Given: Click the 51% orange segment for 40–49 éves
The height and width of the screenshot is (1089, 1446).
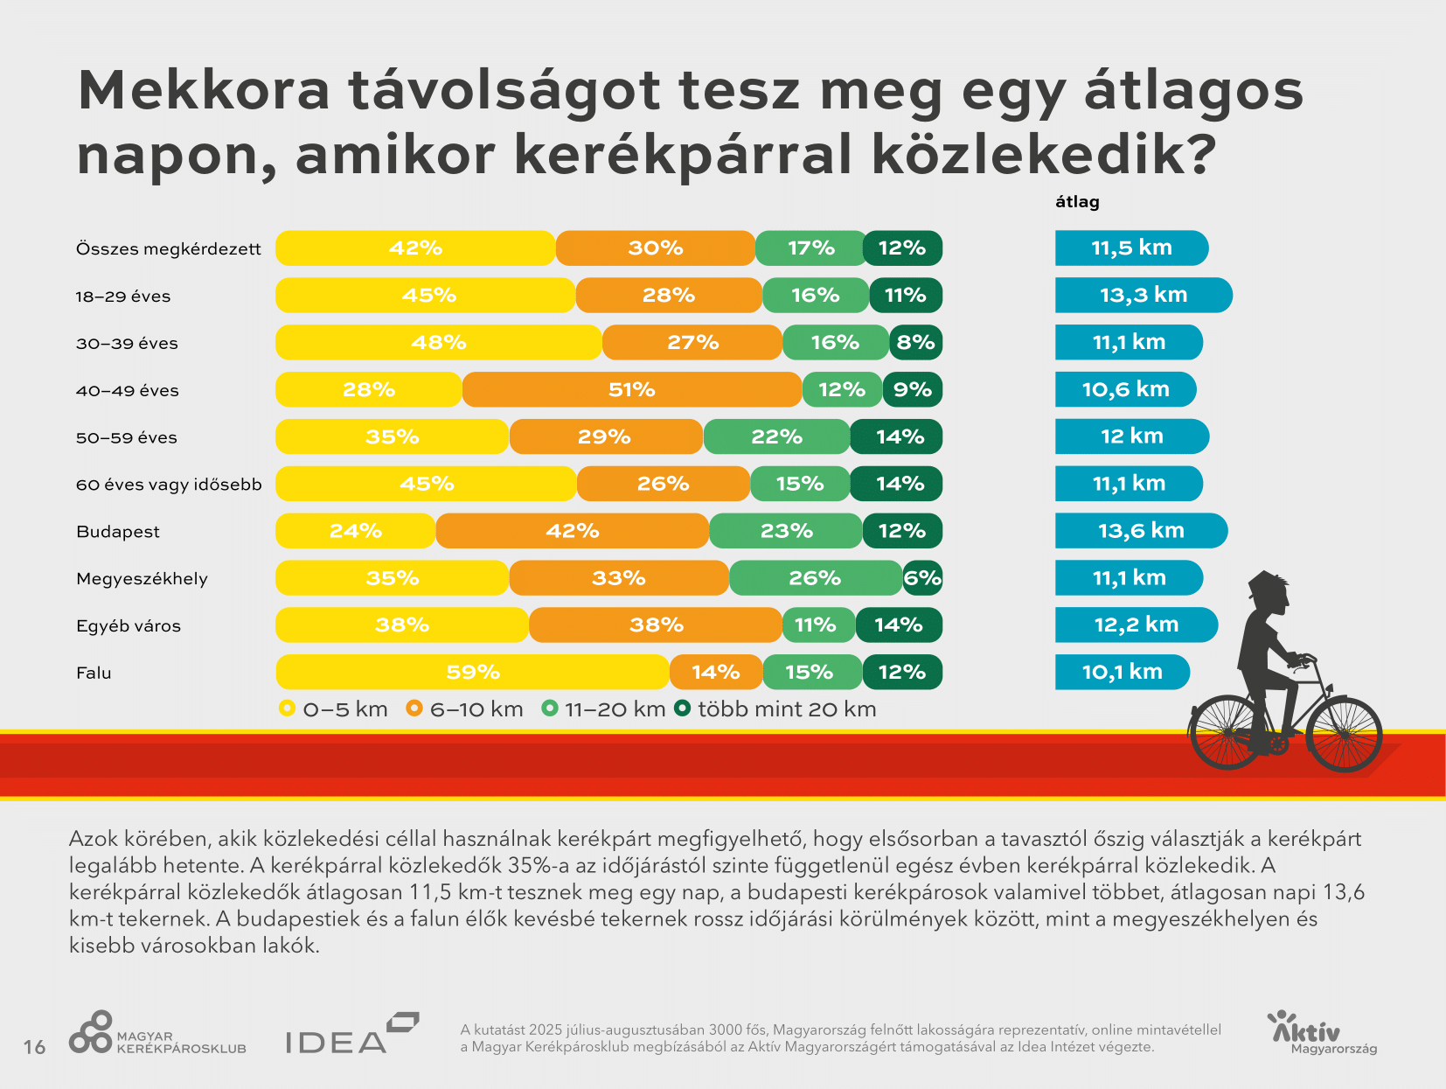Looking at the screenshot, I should [x=631, y=389].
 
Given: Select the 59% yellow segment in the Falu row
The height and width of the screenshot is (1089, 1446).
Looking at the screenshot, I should [x=473, y=672].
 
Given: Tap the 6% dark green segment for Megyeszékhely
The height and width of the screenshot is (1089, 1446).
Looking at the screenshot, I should [x=922, y=578].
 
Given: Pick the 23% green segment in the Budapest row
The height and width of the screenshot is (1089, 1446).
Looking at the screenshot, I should [x=786, y=531].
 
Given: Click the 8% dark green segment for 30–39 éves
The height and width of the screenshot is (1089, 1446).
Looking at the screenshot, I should [x=915, y=342].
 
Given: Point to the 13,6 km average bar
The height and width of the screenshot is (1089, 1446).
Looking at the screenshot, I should [x=1140, y=531].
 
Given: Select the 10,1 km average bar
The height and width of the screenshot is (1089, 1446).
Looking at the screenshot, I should [x=1122, y=672].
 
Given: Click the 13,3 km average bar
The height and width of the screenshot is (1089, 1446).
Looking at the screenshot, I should [x=1143, y=295].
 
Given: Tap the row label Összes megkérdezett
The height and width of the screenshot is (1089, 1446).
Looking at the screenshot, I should [x=168, y=249].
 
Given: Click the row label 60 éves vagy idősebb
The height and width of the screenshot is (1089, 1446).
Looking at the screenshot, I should [x=169, y=485].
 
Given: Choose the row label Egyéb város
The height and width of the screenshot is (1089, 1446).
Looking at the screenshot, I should [x=129, y=626].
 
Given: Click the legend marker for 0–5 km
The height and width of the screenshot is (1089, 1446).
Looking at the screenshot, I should [x=287, y=709].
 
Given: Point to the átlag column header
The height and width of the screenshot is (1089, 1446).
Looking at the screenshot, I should [x=1077, y=202].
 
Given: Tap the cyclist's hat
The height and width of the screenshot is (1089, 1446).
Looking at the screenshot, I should [x=1268, y=583].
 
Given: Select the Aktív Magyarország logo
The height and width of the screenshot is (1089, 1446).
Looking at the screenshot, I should [x=1321, y=1033].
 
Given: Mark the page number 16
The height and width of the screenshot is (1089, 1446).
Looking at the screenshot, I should [x=34, y=1047].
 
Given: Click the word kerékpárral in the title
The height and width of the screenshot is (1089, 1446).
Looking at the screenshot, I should [x=683, y=155].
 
